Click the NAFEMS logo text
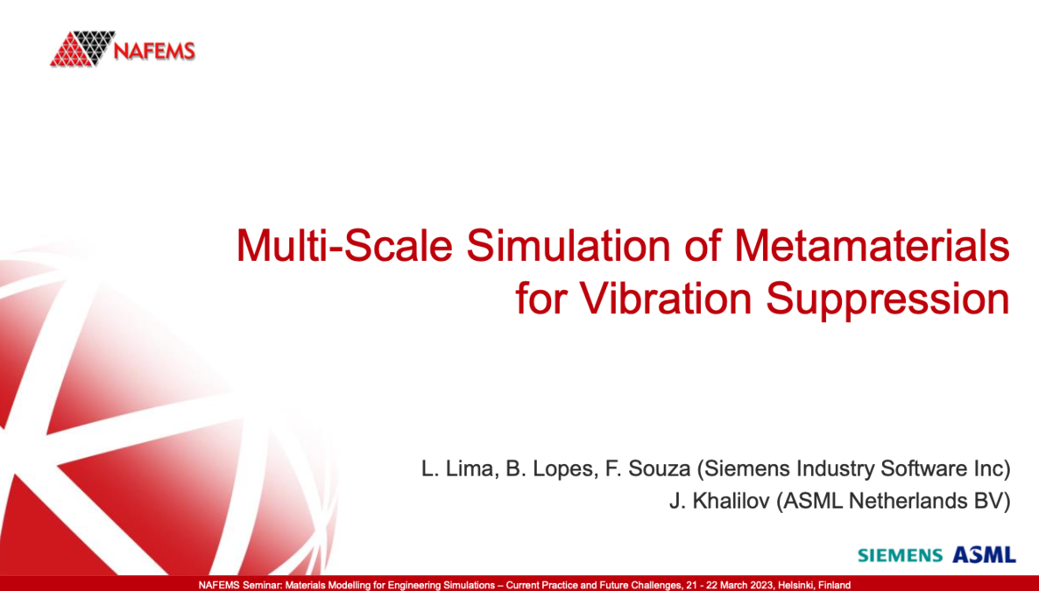[x=154, y=50]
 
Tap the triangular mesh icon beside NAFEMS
[x=82, y=49]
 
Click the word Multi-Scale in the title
[x=344, y=246]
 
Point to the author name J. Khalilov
[x=719, y=503]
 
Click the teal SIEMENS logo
[x=900, y=555]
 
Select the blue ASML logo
[x=984, y=554]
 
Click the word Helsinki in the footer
[x=796, y=585]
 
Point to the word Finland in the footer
[x=835, y=585]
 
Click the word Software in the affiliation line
[x=915, y=470]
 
